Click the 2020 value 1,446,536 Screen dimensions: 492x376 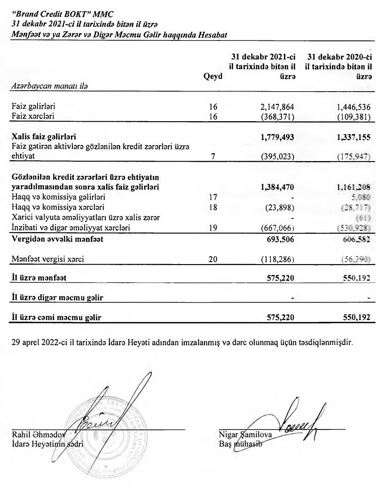click(351, 106)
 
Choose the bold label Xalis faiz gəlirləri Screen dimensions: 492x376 click(44, 137)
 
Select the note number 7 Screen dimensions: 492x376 click(213, 156)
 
